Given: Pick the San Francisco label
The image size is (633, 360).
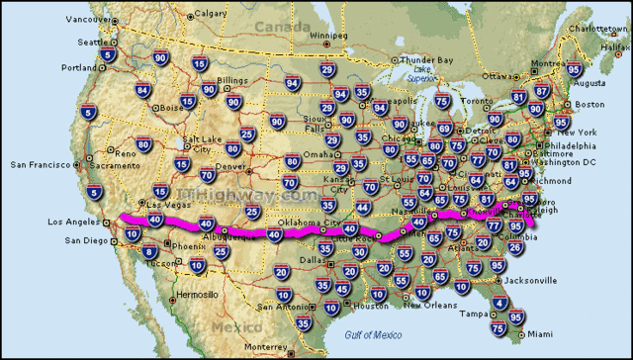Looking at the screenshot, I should (37, 163).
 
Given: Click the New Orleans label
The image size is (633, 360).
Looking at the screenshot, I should (426, 305).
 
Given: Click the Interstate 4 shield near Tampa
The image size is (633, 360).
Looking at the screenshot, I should (500, 304).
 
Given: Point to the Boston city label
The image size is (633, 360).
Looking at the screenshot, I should (589, 104).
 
